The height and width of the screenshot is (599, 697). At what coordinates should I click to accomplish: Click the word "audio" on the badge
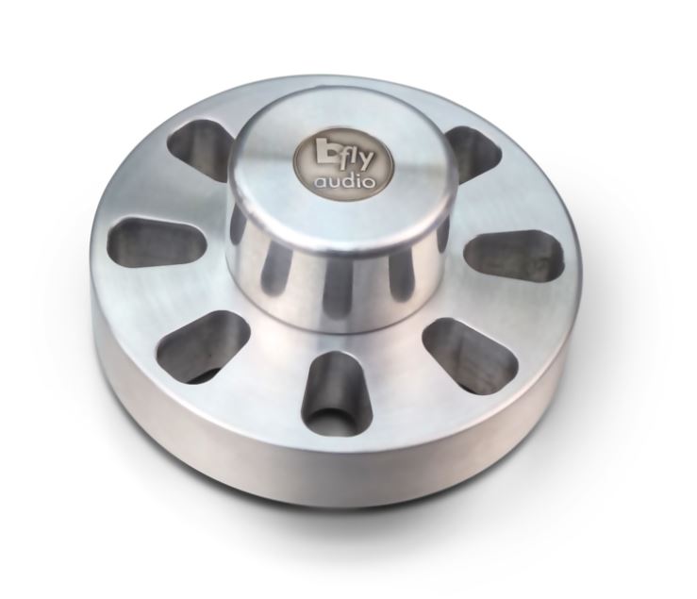tap(343, 181)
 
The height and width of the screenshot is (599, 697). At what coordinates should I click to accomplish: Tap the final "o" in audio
tap(367, 183)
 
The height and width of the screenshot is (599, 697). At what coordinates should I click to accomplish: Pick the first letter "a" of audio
tap(320, 183)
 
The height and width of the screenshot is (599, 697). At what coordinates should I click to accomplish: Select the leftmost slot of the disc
tap(157, 238)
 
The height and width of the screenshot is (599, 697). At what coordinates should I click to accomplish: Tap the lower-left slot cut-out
tap(202, 346)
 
